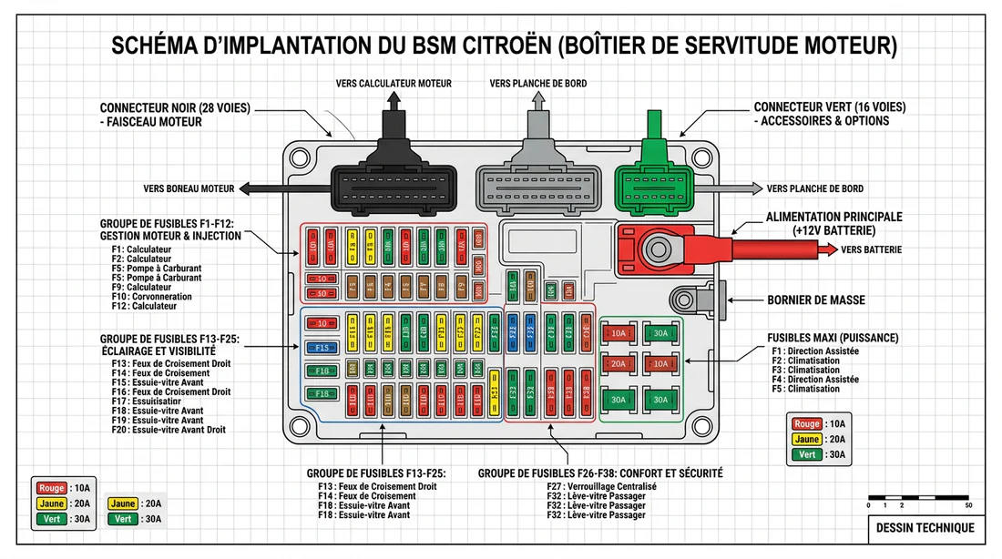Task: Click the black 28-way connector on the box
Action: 390,189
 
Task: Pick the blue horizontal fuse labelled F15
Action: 320,348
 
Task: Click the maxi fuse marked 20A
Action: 619,364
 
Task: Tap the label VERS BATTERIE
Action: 873,249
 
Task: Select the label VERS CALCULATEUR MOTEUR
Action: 394,84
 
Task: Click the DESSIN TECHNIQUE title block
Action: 924,528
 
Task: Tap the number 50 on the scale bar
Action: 968,505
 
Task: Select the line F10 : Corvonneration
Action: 153,297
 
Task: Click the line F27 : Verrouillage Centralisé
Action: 601,487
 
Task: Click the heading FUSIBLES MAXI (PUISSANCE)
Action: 833,338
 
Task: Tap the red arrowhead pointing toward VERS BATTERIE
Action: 831,249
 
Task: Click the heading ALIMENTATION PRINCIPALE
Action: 833,217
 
